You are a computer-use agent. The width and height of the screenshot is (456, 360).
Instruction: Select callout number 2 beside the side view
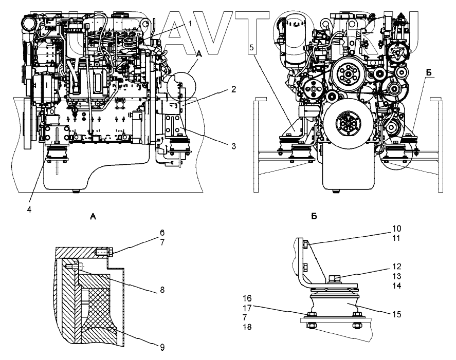233,89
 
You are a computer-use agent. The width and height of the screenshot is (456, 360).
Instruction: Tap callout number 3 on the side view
233,146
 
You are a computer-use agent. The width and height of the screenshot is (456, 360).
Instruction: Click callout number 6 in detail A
161,233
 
